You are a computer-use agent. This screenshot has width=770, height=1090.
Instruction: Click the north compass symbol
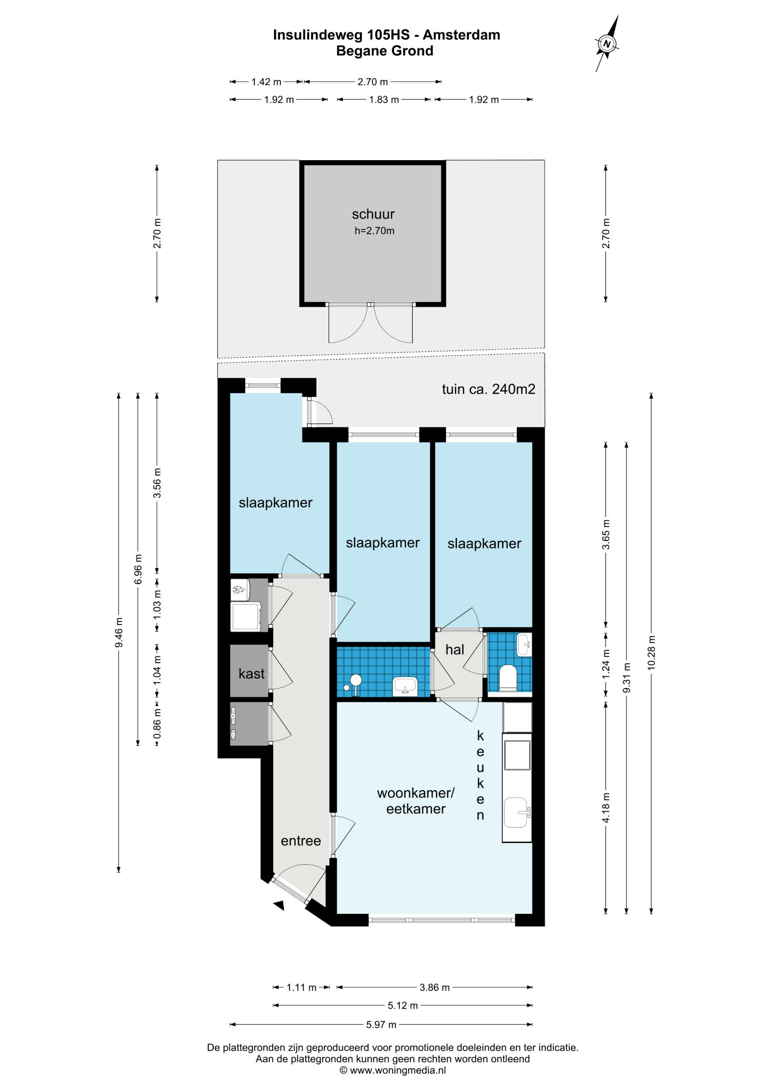point(607,44)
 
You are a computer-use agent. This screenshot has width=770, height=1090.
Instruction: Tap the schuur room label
point(373,214)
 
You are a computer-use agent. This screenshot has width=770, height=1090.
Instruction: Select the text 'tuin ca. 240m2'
point(488,389)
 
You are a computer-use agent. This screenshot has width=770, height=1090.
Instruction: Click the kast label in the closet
point(251,674)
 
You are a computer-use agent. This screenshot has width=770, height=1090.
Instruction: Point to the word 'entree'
point(301,841)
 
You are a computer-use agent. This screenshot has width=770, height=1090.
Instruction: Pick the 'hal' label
point(454,649)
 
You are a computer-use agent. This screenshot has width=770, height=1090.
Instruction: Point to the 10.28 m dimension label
point(651,653)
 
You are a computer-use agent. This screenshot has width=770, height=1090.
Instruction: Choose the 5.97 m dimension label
point(381,1024)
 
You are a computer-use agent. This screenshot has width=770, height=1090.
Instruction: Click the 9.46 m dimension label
point(119,633)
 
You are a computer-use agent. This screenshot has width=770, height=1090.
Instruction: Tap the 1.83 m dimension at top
point(384,100)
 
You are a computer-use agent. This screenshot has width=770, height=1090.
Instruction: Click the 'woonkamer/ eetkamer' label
point(416,801)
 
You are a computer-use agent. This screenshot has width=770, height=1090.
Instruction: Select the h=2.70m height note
point(374,231)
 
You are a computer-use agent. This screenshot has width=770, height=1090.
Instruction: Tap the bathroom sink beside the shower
point(405,685)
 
